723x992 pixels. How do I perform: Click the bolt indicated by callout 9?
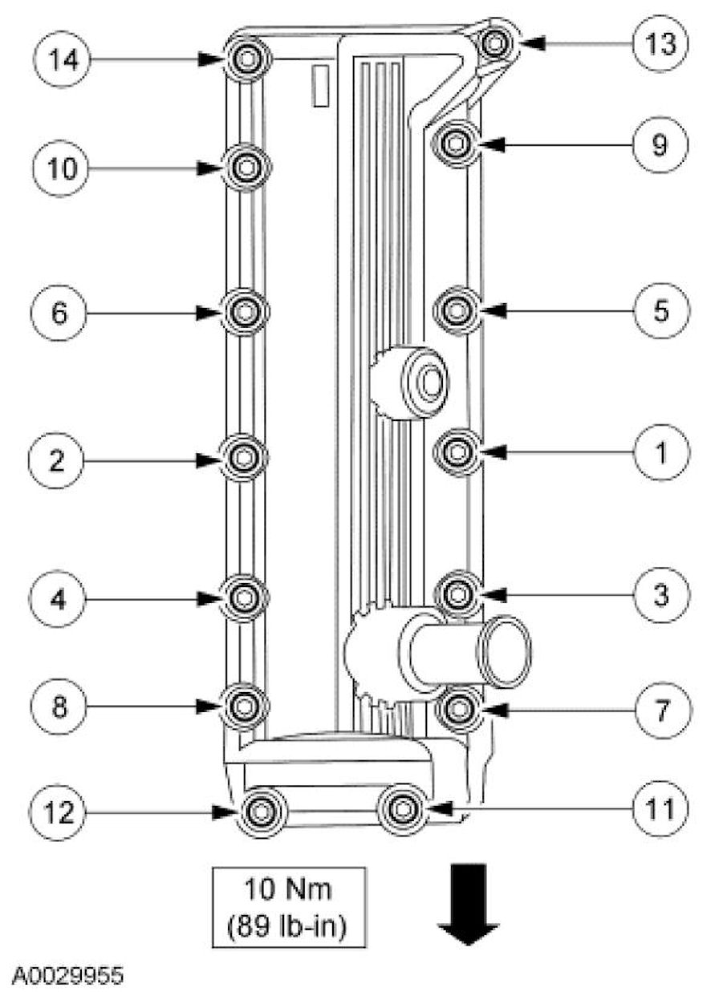pyautogui.click(x=456, y=144)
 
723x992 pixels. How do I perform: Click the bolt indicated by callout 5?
pyautogui.click(x=456, y=309)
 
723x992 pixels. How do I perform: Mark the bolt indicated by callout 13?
pyautogui.click(x=497, y=42)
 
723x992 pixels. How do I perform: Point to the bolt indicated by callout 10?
pyautogui.click(x=246, y=168)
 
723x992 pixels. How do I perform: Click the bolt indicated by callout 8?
pyautogui.click(x=242, y=706)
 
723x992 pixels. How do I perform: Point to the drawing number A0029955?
pyautogui.click(x=67, y=975)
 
